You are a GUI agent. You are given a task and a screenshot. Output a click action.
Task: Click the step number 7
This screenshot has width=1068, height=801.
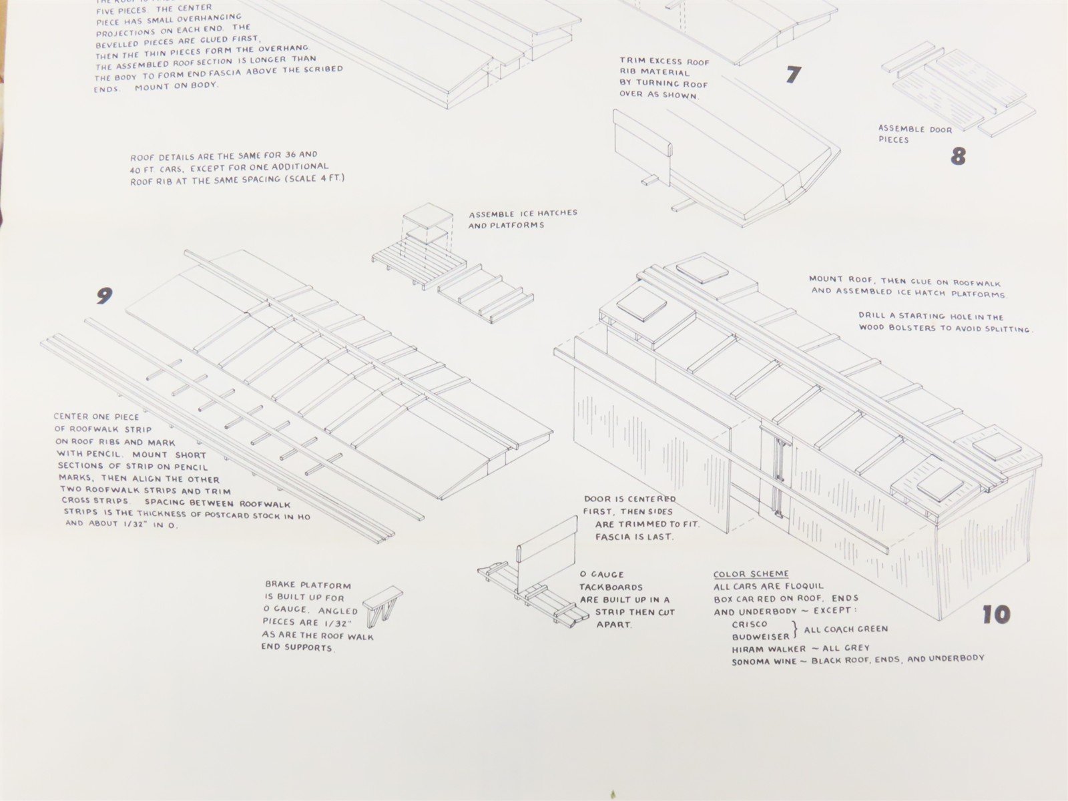click(x=792, y=74)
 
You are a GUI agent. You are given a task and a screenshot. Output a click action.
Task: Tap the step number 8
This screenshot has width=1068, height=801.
click(x=958, y=156)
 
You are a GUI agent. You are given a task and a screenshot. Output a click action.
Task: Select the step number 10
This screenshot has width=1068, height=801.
click(x=995, y=615)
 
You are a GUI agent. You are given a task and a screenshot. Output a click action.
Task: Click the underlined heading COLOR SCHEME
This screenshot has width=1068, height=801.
click(x=751, y=574)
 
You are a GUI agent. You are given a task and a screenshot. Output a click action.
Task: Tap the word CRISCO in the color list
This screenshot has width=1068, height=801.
click(x=750, y=624)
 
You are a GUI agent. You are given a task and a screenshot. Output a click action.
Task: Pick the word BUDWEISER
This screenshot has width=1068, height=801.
click(x=760, y=637)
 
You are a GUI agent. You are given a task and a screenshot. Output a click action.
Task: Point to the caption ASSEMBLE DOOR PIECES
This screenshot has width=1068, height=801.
click(x=914, y=134)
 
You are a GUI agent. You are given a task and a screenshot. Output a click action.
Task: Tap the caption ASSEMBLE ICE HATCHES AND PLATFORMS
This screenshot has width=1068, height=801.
click(x=523, y=219)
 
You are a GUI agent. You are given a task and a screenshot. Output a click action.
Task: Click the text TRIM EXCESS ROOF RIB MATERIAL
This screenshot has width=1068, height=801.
click(x=664, y=67)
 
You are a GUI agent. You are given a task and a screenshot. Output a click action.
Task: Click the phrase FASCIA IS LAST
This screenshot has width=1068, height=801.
click(x=635, y=537)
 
